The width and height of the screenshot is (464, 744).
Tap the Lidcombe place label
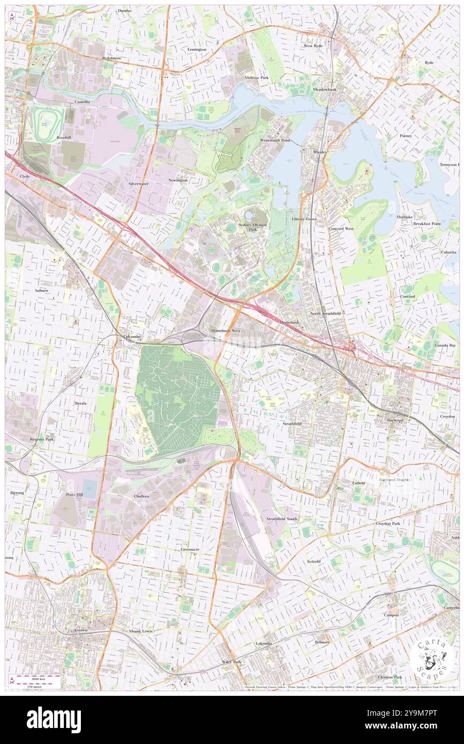(x=132, y=336)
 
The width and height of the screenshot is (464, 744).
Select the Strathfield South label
(x=282, y=519)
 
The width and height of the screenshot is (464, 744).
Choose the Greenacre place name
(x=190, y=549)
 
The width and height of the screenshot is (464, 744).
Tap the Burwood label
(x=395, y=420)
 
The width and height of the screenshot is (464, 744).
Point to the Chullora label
(x=141, y=496)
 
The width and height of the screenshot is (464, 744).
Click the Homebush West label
(x=226, y=331)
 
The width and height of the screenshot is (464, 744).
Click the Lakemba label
(x=264, y=643)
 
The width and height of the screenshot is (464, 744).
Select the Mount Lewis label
(x=140, y=631)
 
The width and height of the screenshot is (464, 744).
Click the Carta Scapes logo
(x=432, y=658)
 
